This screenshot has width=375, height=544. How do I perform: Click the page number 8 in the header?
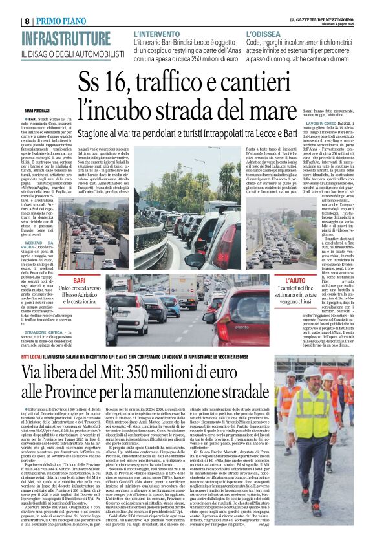27,21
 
